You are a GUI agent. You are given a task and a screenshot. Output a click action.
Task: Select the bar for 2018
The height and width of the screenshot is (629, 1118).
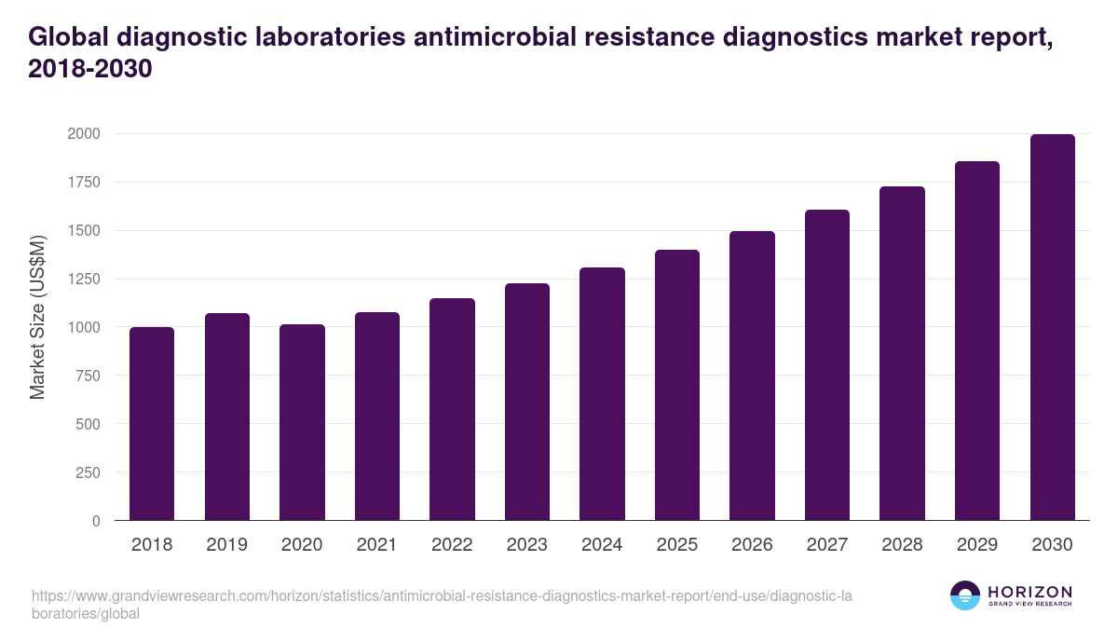(x=152, y=424)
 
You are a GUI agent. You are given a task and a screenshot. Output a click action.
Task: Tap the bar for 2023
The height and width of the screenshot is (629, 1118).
(x=526, y=402)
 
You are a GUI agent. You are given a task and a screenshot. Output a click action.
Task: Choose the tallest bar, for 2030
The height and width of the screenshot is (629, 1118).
(x=1052, y=327)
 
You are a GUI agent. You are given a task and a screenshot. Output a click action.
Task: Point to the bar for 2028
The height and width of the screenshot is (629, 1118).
(x=902, y=353)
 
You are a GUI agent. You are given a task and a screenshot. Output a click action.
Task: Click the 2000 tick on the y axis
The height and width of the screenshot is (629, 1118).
(x=83, y=134)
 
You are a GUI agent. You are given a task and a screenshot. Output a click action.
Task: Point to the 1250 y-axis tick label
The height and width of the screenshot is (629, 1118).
(x=83, y=279)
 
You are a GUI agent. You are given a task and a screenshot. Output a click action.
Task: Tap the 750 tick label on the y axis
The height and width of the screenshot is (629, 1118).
(x=88, y=376)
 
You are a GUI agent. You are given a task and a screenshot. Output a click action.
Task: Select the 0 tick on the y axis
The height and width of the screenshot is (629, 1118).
(x=97, y=521)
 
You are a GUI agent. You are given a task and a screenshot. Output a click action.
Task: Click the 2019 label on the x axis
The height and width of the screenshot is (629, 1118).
(x=227, y=545)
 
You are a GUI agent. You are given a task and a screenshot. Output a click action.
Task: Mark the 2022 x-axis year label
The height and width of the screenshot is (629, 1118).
(x=452, y=545)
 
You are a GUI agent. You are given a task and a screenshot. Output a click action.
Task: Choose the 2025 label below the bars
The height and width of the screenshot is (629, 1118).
(x=676, y=545)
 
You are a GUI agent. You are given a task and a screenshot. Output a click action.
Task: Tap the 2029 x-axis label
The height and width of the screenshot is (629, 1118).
(x=976, y=545)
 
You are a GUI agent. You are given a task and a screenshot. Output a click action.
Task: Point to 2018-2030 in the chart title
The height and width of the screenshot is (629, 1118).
(x=89, y=70)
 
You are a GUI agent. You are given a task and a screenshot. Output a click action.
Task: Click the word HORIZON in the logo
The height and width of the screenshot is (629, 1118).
(x=1029, y=592)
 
